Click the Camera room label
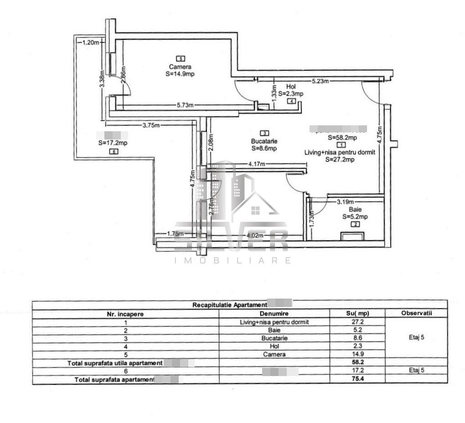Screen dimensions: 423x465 [180, 67]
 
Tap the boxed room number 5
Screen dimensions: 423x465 [181, 58]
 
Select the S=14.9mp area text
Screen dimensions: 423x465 [180, 74]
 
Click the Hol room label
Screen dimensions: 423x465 [291, 86]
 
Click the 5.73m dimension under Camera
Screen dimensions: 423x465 [186, 105]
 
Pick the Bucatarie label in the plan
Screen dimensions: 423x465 [264, 141]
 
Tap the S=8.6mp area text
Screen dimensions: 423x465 [264, 148]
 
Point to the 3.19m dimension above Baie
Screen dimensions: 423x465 [346, 201]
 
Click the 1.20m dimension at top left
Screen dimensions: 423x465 [91, 42]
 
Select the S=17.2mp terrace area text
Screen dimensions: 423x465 [113, 143]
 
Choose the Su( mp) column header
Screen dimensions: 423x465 [357, 314]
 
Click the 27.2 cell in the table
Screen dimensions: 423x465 [357, 322]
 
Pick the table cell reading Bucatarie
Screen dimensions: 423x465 [274, 338]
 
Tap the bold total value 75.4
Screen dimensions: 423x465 [357, 378]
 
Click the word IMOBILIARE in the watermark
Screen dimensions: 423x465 [233, 260]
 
